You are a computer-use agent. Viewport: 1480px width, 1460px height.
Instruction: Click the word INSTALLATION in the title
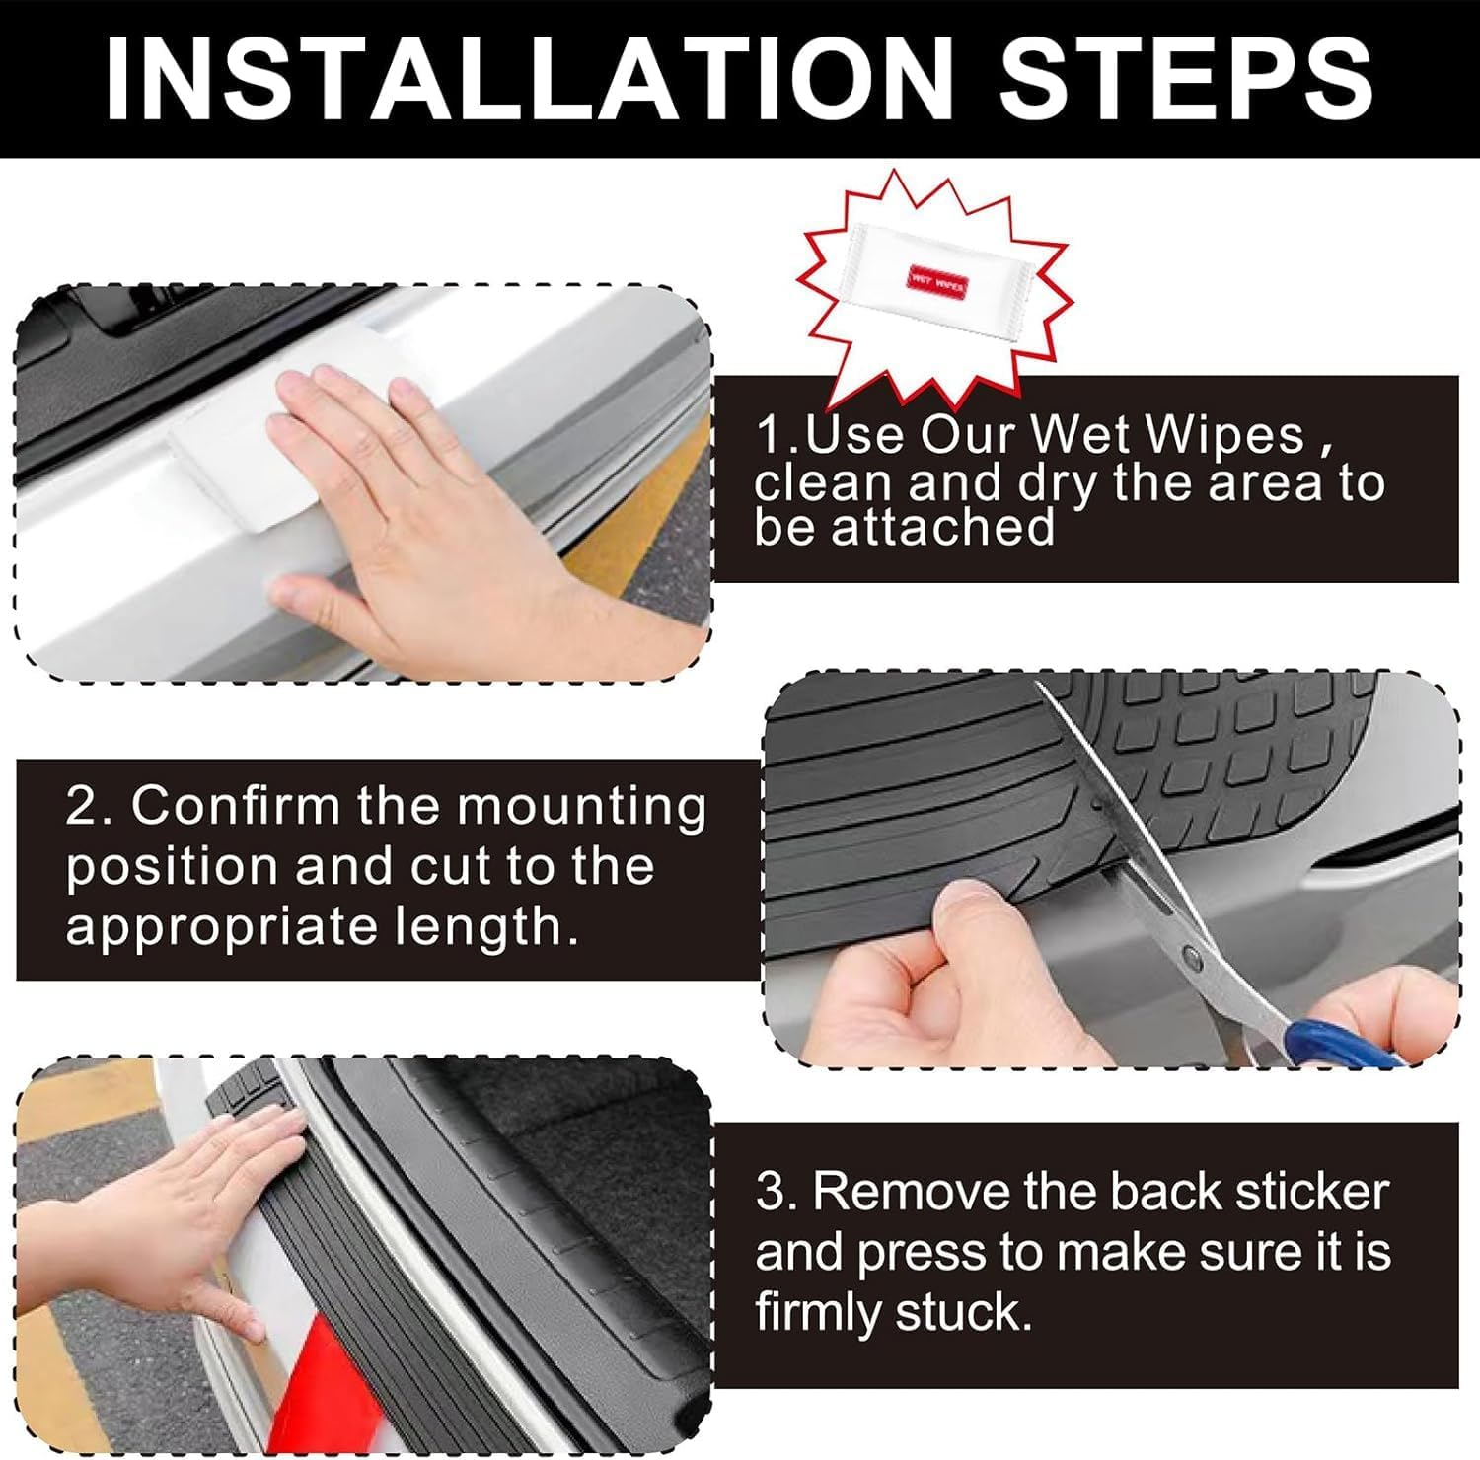(x=528, y=79)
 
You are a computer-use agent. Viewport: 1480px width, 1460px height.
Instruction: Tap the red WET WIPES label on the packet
(x=937, y=282)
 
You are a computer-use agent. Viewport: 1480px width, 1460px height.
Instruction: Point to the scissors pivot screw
(x=1195, y=956)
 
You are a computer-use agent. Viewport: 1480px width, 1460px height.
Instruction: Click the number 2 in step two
(x=82, y=807)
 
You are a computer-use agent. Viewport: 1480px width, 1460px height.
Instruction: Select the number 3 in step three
(x=770, y=1192)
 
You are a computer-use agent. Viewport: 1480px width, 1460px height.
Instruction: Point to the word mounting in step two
(x=582, y=807)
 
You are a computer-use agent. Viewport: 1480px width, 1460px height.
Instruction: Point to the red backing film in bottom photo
(x=326, y=1381)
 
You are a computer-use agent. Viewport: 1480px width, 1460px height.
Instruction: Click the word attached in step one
(x=942, y=528)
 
